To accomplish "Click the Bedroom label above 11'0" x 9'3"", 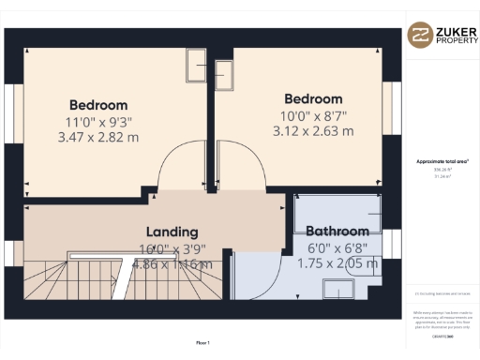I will point(97,105).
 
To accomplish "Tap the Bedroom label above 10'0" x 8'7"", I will point(313,98).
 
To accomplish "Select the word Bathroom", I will point(337,231).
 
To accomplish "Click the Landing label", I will point(172,232).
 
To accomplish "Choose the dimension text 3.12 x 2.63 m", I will point(313,131).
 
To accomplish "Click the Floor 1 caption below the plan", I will point(202,343).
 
